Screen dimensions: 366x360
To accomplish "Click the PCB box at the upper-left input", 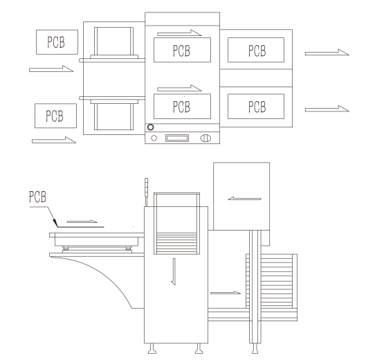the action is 57,42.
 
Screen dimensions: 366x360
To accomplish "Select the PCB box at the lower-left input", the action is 55,116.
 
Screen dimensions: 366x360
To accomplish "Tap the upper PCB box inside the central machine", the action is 182,50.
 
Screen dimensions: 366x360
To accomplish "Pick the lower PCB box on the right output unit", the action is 256,107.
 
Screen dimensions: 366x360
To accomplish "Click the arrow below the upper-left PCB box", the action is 51,69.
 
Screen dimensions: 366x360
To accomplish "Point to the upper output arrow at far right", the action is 327,53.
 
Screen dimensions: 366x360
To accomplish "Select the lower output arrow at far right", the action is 327,109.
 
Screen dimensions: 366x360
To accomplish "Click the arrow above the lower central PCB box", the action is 179,88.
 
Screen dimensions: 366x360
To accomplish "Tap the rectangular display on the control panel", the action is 177,138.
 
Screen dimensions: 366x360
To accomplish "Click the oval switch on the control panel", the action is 205,138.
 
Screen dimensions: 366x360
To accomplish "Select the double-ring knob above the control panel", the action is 151,127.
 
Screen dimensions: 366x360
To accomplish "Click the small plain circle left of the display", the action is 154,138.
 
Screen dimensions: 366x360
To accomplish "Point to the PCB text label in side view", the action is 37,197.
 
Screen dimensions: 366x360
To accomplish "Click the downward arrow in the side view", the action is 174,271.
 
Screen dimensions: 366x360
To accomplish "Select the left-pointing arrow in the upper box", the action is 244,199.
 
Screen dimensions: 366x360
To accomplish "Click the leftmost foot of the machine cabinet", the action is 152,348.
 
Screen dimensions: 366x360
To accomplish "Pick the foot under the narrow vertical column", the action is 255,348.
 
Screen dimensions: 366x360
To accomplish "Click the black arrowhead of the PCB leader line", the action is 55,223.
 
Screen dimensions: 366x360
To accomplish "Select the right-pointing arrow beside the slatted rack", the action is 226,293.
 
